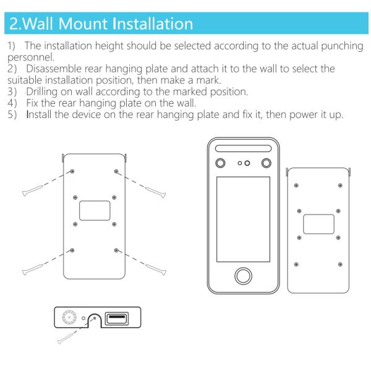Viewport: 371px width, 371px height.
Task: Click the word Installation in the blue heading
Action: [153, 23]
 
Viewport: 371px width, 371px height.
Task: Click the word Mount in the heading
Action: [83, 23]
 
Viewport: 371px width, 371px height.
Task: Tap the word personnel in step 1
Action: [31, 58]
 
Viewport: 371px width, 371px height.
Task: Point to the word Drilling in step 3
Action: [41, 92]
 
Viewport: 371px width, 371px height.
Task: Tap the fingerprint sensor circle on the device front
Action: [243, 276]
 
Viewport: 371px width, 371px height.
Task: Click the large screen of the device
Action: [243, 220]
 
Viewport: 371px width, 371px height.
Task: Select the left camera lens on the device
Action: [220, 163]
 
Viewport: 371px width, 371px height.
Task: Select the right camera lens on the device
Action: [266, 163]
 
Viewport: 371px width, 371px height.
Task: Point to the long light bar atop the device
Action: [243, 148]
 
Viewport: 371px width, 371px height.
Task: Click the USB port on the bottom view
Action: [117, 318]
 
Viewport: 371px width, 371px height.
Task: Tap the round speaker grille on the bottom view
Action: [69, 317]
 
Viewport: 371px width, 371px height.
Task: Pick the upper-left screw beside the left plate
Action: [32, 190]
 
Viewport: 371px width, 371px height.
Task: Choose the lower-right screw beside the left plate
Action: [156, 270]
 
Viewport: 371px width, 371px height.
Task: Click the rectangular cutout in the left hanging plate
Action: [95, 211]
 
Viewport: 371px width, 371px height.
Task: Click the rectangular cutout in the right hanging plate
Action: [318, 224]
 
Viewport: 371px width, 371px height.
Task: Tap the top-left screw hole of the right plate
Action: [296, 185]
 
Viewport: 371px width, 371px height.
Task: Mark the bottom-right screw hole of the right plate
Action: [340, 264]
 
